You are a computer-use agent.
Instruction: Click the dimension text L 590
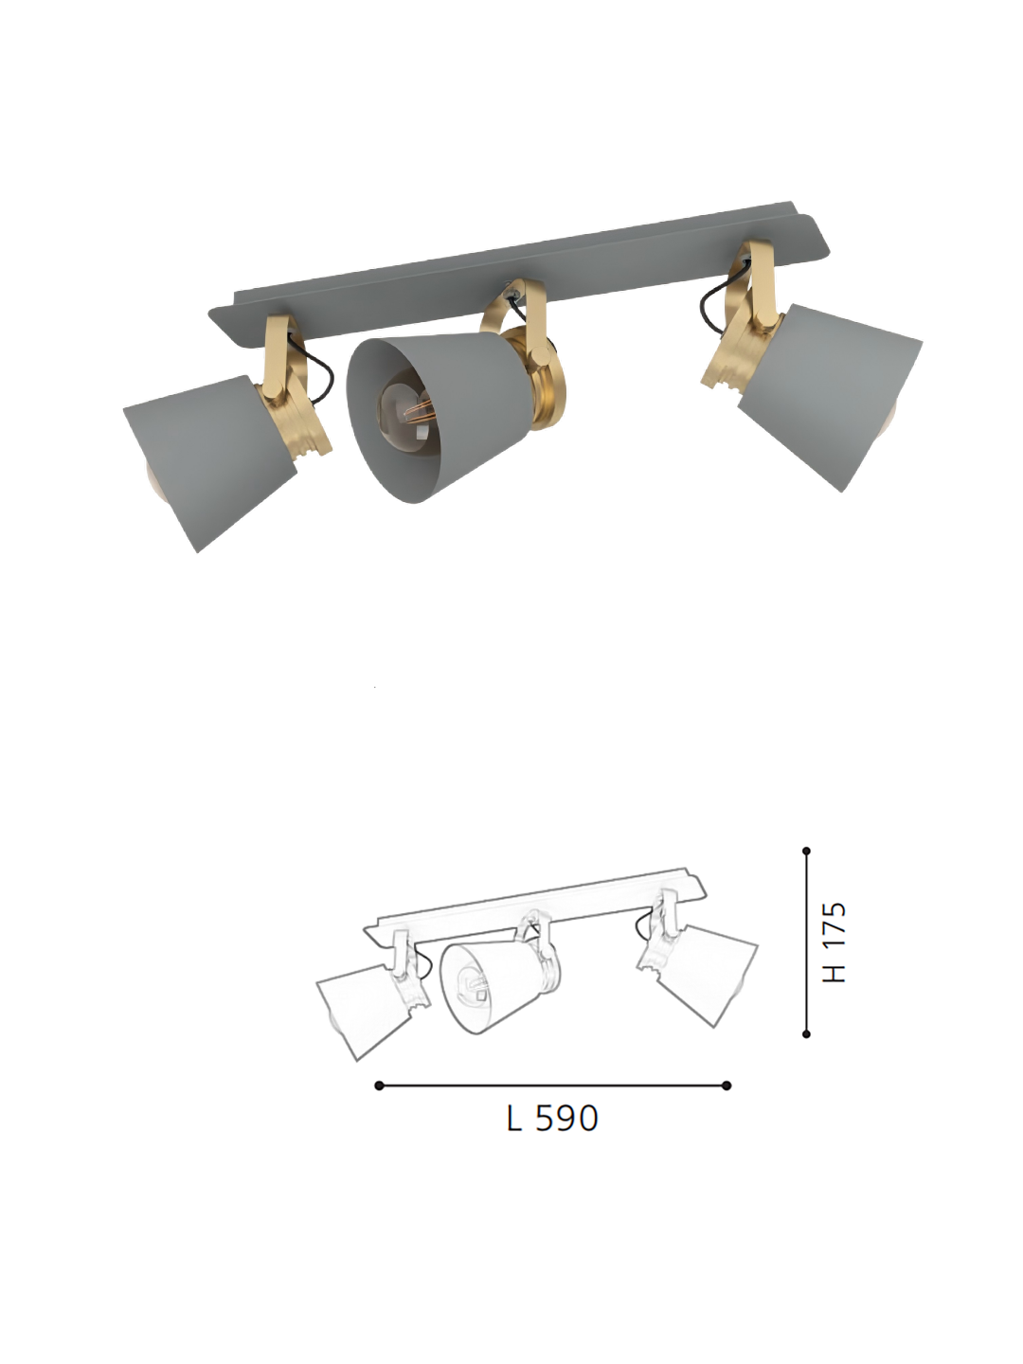552,1119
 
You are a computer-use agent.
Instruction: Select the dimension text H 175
835,942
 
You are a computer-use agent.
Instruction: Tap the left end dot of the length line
379,1086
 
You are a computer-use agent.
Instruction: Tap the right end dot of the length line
727,1086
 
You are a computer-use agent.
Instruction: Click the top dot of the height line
806,852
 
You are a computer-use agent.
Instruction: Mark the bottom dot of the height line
806,1034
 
